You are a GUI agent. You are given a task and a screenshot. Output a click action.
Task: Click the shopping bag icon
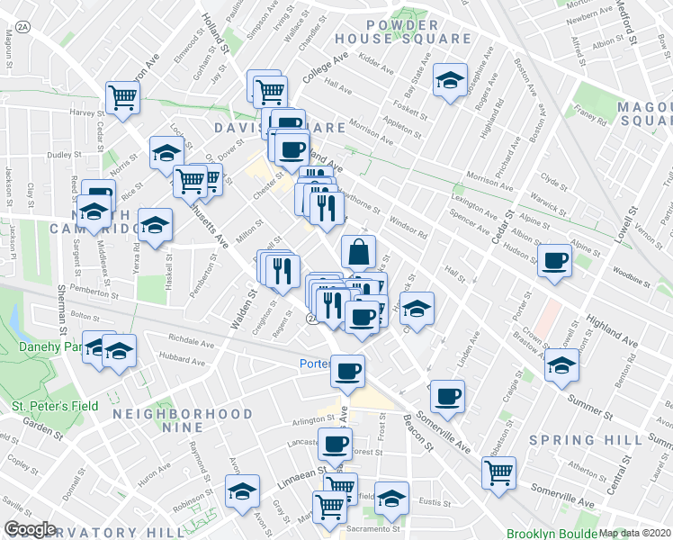358,251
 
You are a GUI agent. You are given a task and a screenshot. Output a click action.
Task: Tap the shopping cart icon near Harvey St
121,96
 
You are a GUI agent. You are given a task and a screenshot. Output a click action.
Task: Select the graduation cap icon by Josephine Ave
450,81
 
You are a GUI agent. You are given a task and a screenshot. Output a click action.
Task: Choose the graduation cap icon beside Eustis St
391,498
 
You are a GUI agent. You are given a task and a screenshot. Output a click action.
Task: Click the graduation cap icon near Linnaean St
242,491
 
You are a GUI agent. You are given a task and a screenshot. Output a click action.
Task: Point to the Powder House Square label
402,31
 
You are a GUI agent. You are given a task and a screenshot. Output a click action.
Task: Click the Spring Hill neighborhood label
586,440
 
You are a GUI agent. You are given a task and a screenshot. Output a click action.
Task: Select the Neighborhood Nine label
183,420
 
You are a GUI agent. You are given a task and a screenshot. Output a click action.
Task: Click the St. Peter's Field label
54,406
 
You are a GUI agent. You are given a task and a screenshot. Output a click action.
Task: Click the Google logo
31,529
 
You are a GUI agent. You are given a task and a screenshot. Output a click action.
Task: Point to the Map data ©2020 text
634,533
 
